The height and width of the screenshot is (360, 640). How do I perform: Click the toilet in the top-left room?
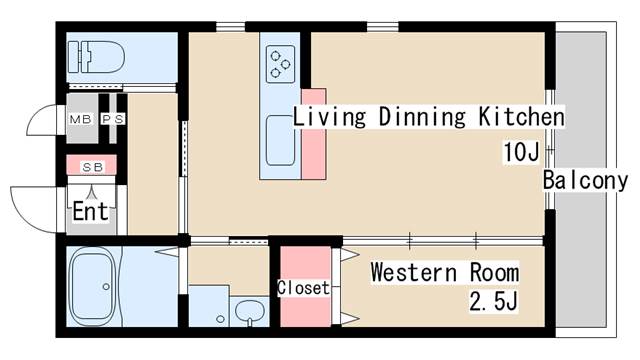point(96,57)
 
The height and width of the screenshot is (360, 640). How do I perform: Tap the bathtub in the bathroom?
point(93,286)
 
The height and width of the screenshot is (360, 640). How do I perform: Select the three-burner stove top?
point(280,64)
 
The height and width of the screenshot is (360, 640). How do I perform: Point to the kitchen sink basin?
point(280,140)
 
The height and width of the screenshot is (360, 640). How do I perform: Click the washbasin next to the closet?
point(249,312)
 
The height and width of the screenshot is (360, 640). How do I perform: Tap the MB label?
point(80,119)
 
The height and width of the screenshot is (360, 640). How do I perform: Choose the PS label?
point(113,119)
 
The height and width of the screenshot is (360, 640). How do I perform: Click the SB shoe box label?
point(93,167)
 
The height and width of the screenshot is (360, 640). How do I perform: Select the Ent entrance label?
point(91,211)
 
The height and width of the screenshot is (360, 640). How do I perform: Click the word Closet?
point(303,288)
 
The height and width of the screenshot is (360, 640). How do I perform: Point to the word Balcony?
point(585,180)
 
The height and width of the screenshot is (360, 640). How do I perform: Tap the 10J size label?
point(521,152)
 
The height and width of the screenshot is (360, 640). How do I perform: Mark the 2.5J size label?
point(493,302)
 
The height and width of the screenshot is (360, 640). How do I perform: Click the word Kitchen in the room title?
point(521,116)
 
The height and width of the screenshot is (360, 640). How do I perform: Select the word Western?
point(413,272)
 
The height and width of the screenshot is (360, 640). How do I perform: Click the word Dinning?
point(422,116)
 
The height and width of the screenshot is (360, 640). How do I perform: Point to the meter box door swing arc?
point(37,114)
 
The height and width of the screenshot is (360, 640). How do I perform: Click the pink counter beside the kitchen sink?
point(314,134)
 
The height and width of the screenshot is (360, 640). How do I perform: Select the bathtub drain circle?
point(106,287)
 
